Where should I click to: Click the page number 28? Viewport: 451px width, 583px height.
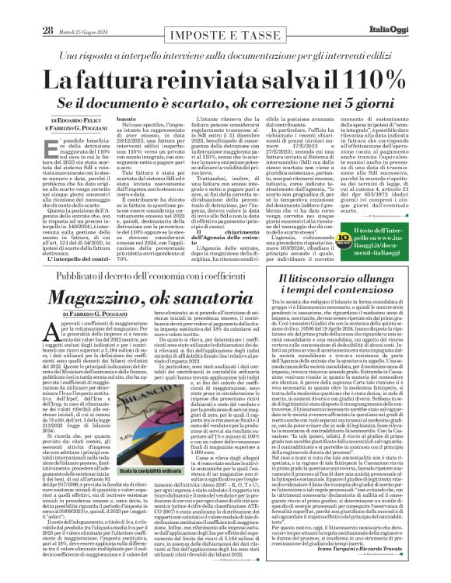click(47, 9)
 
